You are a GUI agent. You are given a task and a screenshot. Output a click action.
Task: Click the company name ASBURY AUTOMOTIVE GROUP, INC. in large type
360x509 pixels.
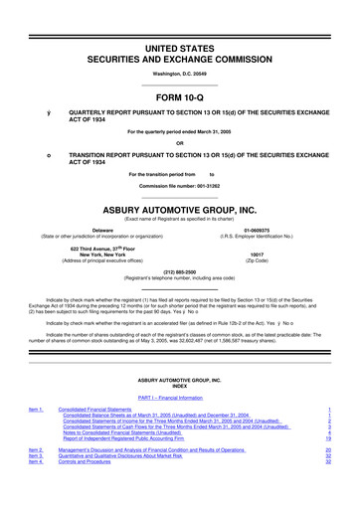pyautogui.click(x=179, y=210)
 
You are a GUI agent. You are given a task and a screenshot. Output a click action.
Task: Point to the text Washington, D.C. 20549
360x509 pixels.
pyautogui.click(x=179, y=47)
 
